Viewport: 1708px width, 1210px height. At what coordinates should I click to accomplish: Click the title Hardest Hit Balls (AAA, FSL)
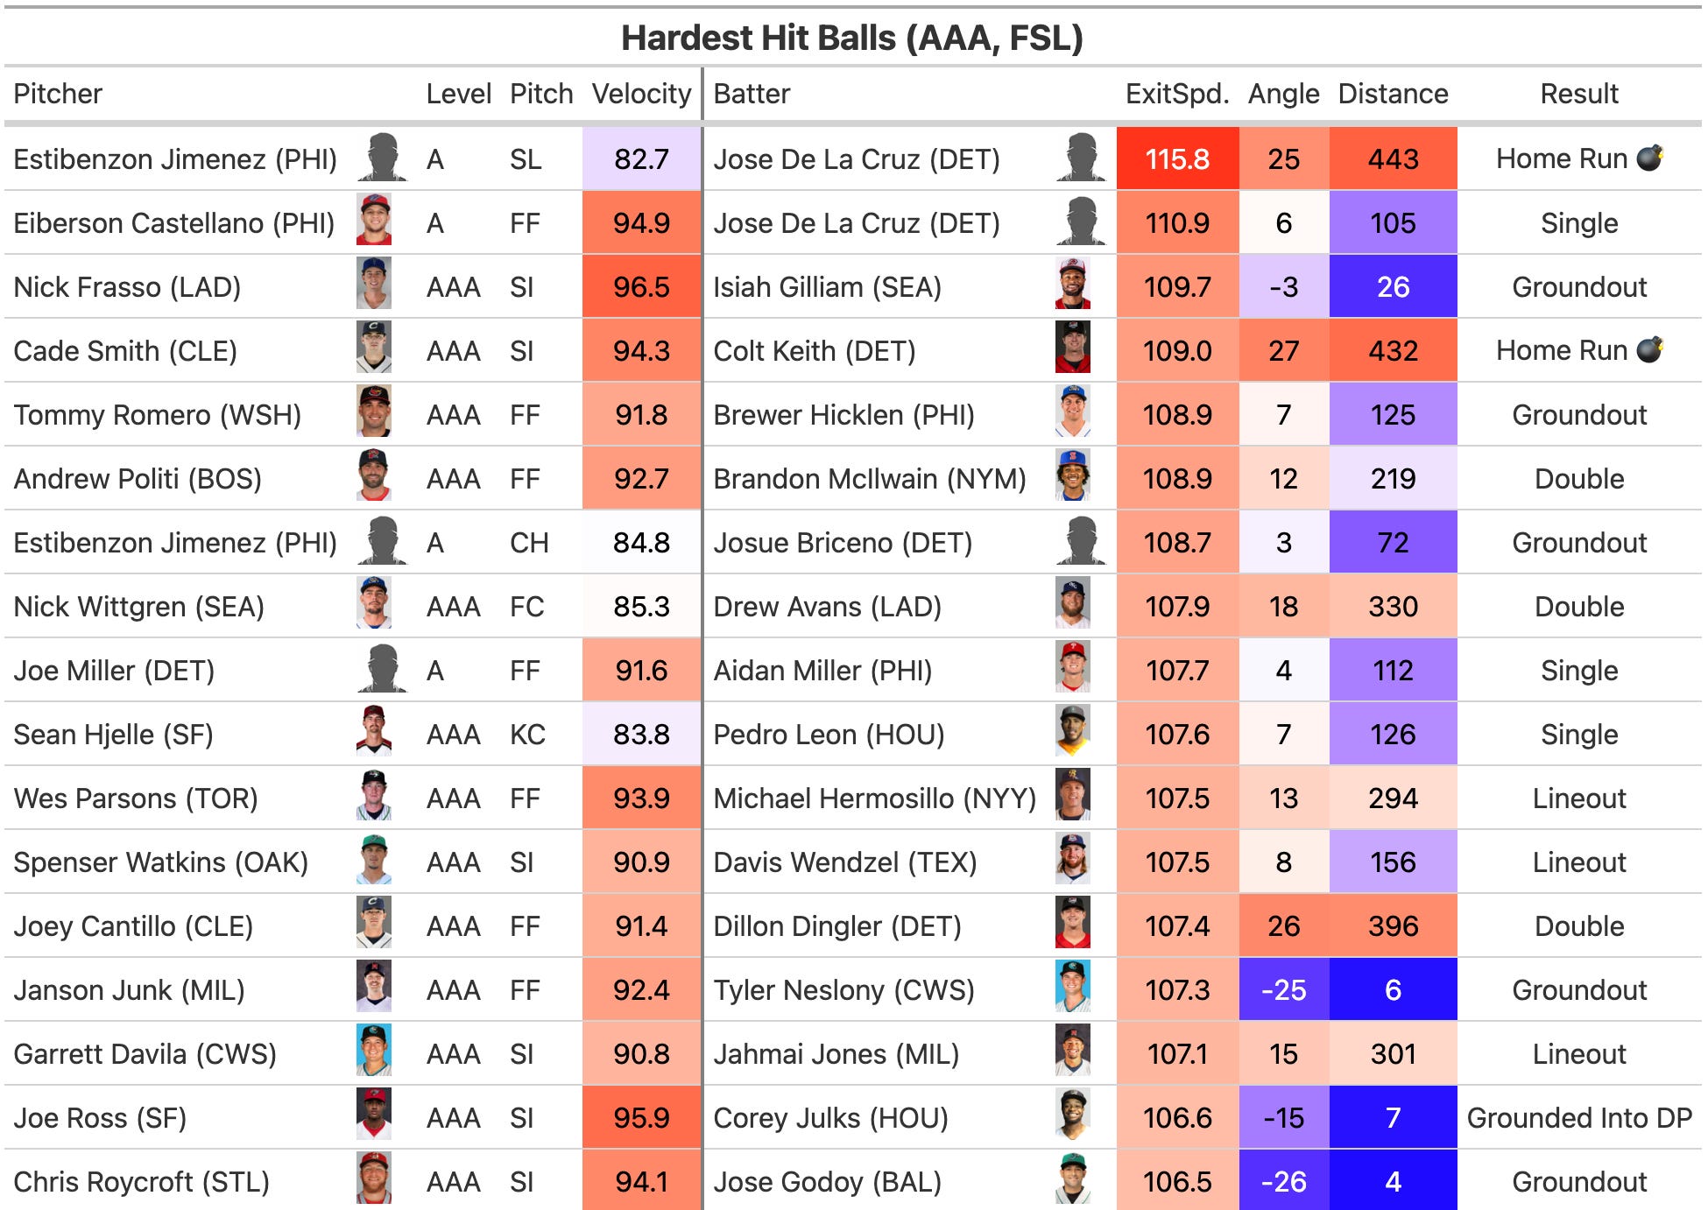tap(851, 39)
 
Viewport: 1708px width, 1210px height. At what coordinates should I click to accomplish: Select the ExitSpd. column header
tap(1176, 94)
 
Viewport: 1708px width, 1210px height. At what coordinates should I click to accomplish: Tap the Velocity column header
tap(641, 94)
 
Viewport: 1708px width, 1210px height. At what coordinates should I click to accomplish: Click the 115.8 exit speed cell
tap(1177, 159)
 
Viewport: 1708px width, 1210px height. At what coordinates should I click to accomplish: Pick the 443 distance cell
tap(1393, 159)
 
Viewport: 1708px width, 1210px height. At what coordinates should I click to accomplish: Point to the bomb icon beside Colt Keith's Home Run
tap(1649, 349)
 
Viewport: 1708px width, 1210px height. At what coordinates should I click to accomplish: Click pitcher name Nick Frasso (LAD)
tap(127, 287)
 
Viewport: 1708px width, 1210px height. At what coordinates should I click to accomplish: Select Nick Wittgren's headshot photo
tap(374, 606)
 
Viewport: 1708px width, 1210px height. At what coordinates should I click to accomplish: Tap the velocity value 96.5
tap(641, 287)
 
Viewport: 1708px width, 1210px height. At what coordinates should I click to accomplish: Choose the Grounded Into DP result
tap(1579, 1118)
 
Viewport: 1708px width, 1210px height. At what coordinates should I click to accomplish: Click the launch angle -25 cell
tap(1283, 990)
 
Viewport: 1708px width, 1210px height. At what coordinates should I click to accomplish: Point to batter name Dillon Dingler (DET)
tap(836, 926)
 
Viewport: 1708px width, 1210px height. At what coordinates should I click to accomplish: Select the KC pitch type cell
tap(527, 735)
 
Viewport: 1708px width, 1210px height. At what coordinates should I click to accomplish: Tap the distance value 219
tap(1393, 479)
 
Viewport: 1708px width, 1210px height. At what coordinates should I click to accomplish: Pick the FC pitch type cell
tap(526, 607)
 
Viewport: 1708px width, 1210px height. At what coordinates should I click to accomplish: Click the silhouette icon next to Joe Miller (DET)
tap(383, 670)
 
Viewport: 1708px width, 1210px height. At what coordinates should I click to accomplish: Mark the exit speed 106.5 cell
tap(1177, 1182)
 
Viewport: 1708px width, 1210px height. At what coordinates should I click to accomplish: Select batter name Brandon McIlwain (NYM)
tap(869, 479)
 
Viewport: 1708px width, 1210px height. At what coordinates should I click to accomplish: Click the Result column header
tap(1578, 94)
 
